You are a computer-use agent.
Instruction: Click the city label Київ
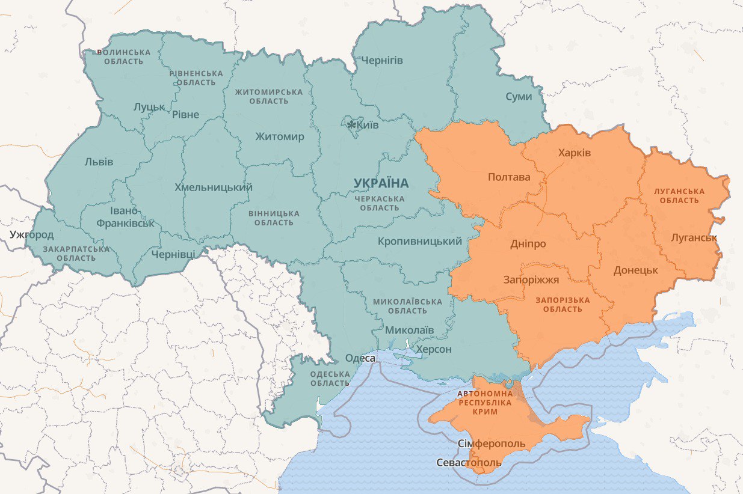point(368,125)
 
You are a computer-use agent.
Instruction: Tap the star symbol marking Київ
point(351,125)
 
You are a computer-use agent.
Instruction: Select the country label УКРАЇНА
point(381,183)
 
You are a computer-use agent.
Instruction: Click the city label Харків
point(575,153)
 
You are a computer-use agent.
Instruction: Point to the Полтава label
point(510,177)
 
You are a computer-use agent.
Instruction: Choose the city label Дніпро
point(528,244)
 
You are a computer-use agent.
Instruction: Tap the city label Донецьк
point(636,270)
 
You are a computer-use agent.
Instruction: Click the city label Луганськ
point(694,237)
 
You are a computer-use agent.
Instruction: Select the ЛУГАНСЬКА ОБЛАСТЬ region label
point(679,195)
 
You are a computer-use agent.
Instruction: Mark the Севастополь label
point(469,463)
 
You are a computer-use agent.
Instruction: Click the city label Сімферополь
point(492,444)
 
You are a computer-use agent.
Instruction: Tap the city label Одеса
point(360,358)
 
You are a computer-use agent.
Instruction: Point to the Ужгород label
point(31,234)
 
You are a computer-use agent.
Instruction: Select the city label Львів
point(99,162)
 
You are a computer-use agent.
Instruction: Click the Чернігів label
point(382,61)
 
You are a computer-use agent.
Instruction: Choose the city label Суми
point(519,96)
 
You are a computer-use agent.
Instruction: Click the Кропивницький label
point(420,242)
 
